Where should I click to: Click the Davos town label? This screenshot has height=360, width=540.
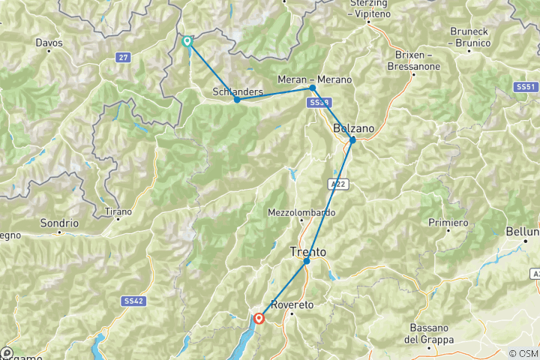click(x=49, y=43)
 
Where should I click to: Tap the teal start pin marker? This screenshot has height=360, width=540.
click(x=187, y=41)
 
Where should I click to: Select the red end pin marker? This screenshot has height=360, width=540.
click(x=259, y=318)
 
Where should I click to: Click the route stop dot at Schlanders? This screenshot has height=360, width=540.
click(x=237, y=100)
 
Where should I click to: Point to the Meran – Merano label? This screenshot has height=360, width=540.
click(x=314, y=79)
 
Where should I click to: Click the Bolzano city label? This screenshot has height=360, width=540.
click(x=353, y=128)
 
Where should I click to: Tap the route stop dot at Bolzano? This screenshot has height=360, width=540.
click(x=352, y=140)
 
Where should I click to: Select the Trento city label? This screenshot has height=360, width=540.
click(x=307, y=251)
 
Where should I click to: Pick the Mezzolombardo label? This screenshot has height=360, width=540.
click(x=301, y=212)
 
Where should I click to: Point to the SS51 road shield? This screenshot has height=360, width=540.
click(x=525, y=87)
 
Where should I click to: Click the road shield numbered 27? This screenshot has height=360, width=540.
click(x=123, y=57)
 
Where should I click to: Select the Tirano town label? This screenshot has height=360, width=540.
click(x=118, y=211)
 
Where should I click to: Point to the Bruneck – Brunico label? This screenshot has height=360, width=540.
click(x=470, y=37)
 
